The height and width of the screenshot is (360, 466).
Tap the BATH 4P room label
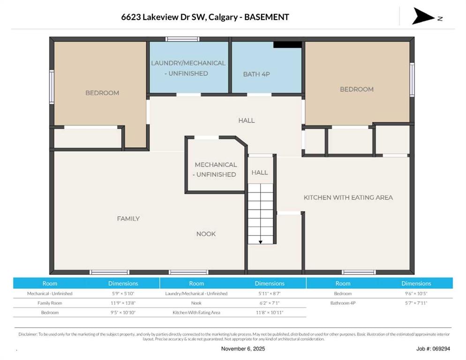click(256, 74)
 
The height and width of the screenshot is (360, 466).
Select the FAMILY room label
click(128, 218)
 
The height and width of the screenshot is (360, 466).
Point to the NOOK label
click(206, 234)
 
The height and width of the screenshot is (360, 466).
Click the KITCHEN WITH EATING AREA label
click(348, 197)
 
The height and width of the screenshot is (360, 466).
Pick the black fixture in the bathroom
click(287, 45)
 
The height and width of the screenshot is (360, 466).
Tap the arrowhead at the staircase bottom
click(260, 242)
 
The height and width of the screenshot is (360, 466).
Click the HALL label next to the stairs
click(259, 172)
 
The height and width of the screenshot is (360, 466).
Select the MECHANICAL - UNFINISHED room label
click(216, 169)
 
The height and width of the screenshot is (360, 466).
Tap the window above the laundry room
click(182, 39)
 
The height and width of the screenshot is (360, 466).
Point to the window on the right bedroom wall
click(412, 79)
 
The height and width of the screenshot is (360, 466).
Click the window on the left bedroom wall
click(52, 87)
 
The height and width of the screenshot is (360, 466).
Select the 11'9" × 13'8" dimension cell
click(123, 303)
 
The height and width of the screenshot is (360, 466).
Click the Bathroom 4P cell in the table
click(343, 303)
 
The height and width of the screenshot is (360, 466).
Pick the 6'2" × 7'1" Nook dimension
click(269, 303)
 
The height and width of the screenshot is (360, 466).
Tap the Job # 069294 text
click(433, 349)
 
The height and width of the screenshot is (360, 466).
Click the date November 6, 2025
click(243, 349)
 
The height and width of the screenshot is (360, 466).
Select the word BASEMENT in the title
click(266, 17)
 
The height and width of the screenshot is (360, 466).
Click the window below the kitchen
click(359, 272)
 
